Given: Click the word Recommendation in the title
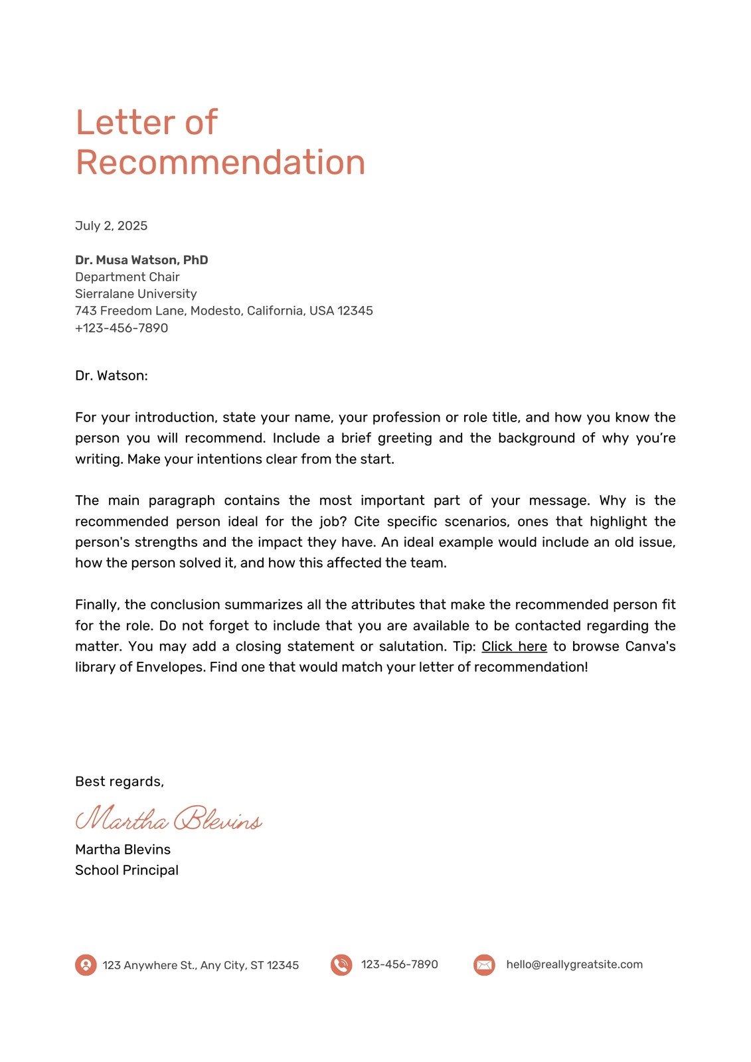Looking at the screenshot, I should (x=220, y=163).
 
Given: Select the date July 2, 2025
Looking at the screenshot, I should (x=111, y=226).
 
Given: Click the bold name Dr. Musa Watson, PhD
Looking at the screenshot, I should (x=141, y=260).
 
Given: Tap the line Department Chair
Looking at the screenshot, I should (x=127, y=277).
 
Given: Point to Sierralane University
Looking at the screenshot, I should (x=135, y=293).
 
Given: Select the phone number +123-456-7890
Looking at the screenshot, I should (x=122, y=328).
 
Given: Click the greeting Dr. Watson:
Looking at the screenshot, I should (x=111, y=376).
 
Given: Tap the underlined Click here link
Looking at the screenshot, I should (x=514, y=646).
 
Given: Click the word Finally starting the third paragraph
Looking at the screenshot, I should (x=97, y=605).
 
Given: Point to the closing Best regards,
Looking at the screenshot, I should (x=120, y=782).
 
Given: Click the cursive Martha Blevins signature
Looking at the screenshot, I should (x=169, y=819).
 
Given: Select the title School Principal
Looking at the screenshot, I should (x=126, y=870).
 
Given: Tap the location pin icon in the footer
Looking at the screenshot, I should (x=86, y=964).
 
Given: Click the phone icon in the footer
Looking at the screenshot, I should (x=341, y=964).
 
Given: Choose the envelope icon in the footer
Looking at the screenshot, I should (x=484, y=964).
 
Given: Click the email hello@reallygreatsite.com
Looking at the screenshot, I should (x=574, y=964).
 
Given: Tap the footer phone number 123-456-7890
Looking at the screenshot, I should (x=399, y=964).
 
